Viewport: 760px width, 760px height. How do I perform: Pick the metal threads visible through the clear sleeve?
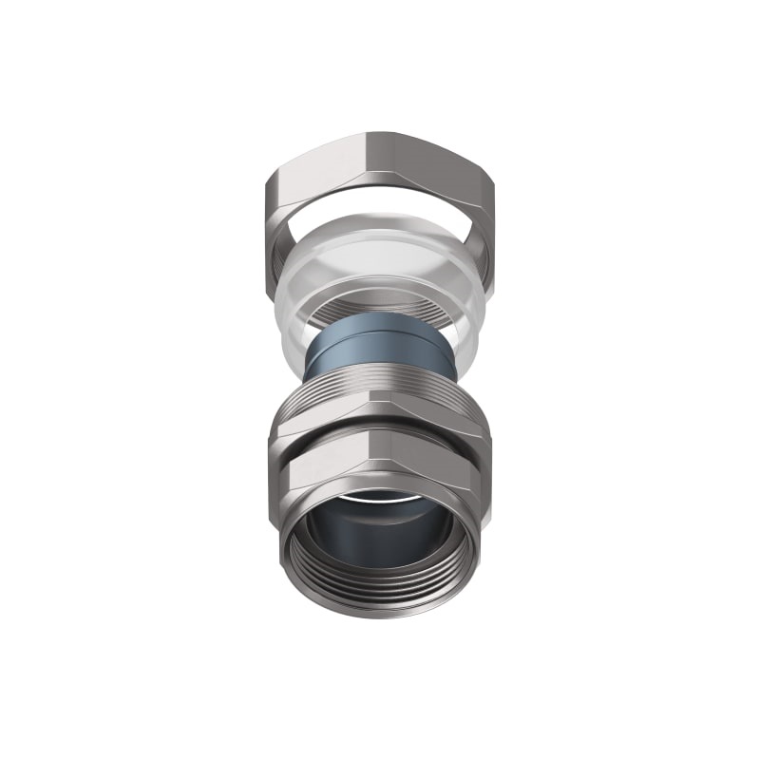click(x=380, y=309)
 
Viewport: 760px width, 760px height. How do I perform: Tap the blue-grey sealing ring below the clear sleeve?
click(x=380, y=351)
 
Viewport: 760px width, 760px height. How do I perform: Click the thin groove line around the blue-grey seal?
click(x=380, y=335)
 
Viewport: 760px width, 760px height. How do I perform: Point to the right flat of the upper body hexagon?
click(x=446, y=423)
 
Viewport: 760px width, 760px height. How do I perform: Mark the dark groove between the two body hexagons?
click(x=380, y=445)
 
